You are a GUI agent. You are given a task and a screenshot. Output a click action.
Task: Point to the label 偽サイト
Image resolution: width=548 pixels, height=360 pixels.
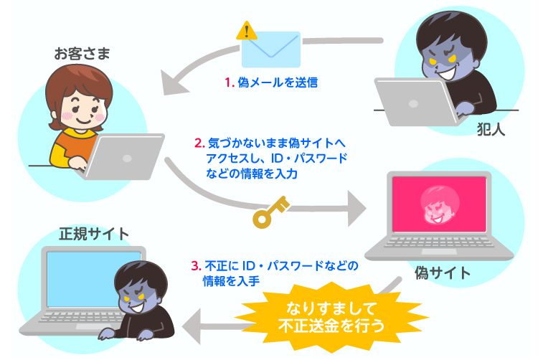point(443,273)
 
